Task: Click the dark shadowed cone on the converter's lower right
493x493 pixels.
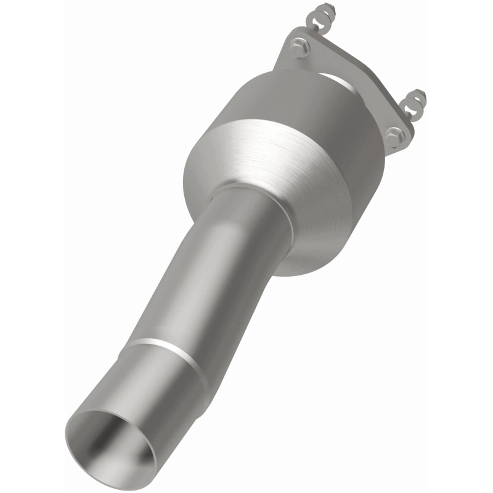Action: coord(333,228)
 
